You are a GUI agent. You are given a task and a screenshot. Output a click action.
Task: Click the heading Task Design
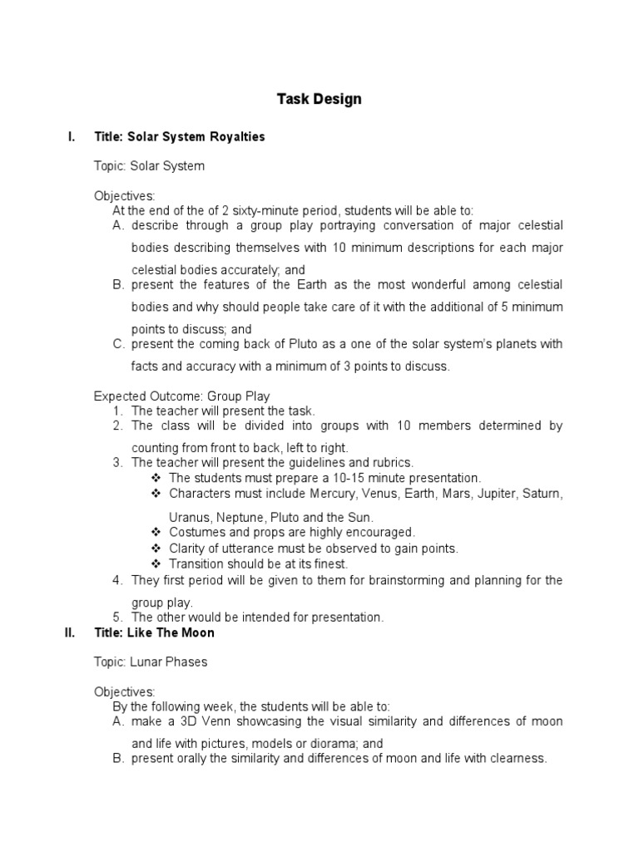click(x=319, y=100)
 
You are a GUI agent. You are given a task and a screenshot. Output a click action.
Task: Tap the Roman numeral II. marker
click(x=70, y=633)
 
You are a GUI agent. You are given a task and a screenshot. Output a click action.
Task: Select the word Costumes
click(x=194, y=533)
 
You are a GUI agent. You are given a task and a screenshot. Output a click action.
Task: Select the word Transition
click(x=196, y=564)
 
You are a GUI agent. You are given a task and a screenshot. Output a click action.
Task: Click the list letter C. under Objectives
click(x=117, y=344)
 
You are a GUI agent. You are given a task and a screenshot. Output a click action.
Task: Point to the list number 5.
click(x=117, y=617)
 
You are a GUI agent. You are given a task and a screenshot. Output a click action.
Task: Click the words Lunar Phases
click(x=169, y=662)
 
